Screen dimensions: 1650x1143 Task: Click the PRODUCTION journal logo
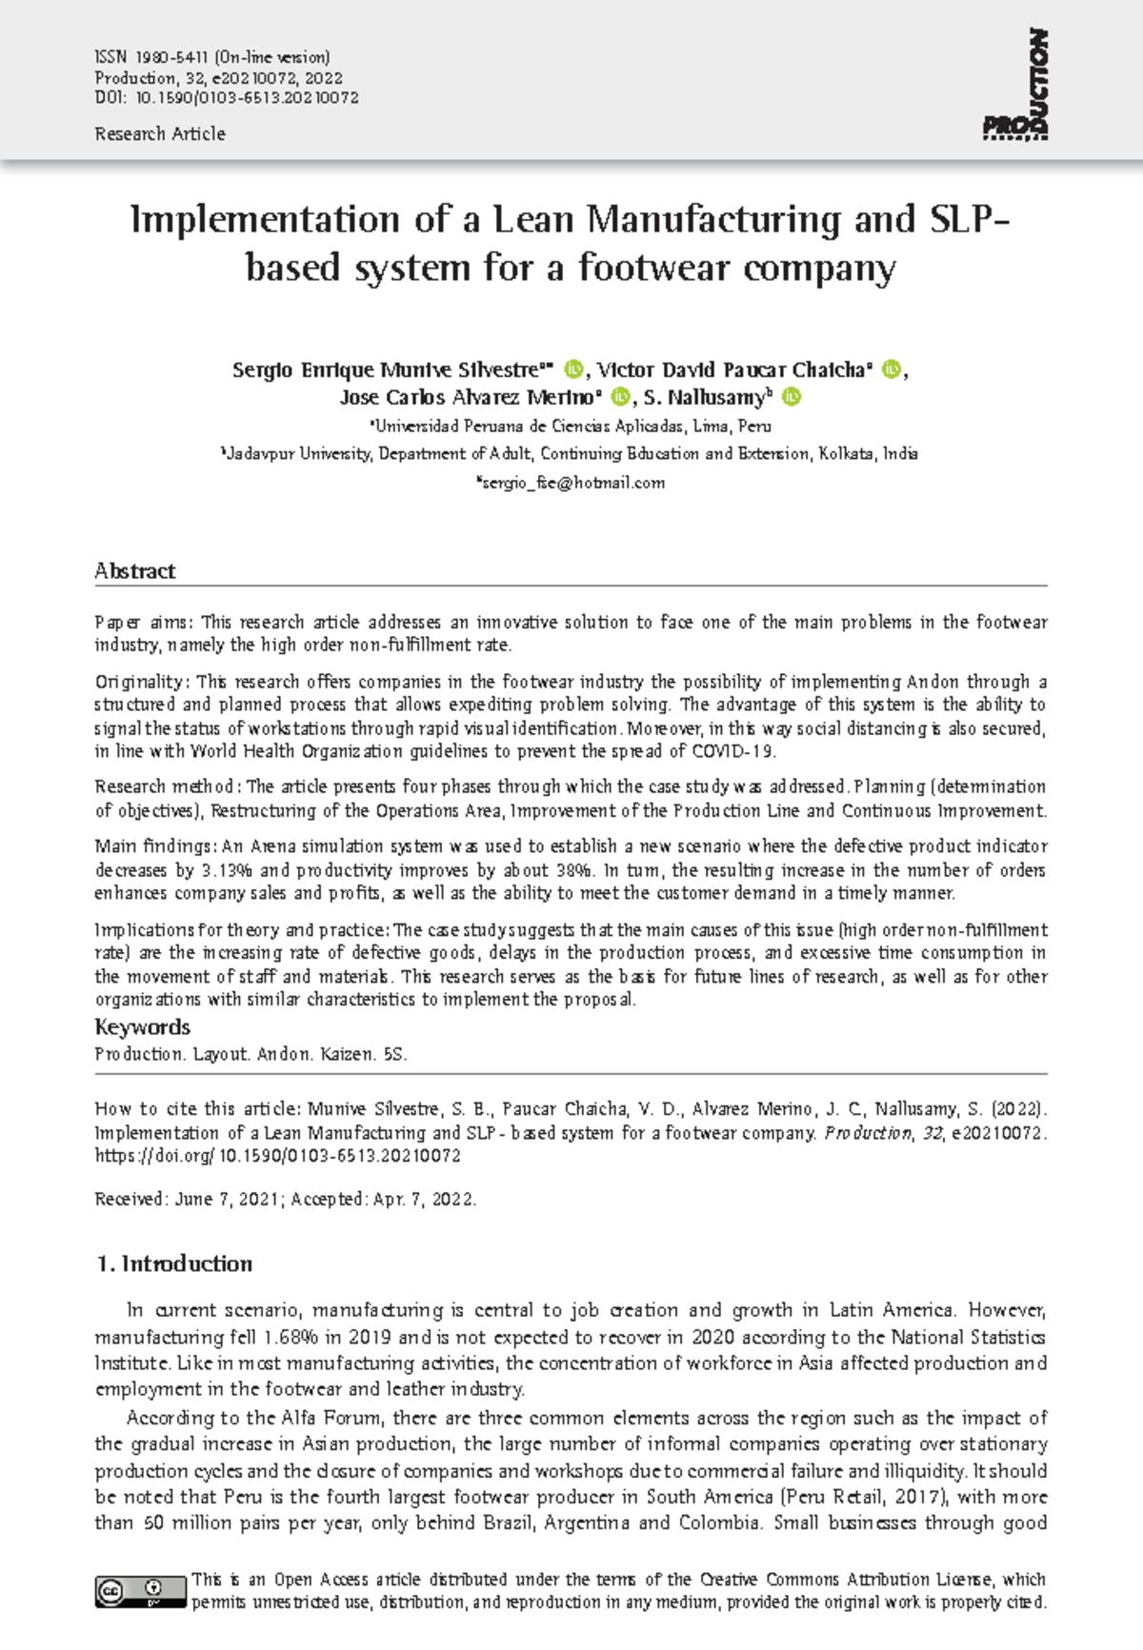click(x=1016, y=86)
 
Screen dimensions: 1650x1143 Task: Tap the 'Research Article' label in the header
click(x=160, y=134)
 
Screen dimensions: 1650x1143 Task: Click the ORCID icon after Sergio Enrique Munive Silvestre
click(x=573, y=369)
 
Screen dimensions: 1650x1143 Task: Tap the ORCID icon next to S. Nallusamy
click(x=792, y=397)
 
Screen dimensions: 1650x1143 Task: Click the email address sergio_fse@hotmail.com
click(x=572, y=483)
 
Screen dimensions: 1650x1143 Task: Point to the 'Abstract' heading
click(x=135, y=571)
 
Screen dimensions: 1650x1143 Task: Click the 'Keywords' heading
click(x=142, y=1027)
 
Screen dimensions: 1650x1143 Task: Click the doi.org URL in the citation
click(x=277, y=1156)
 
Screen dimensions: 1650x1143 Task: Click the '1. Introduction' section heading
click(x=174, y=1264)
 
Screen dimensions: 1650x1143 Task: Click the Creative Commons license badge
click(x=140, y=1591)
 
